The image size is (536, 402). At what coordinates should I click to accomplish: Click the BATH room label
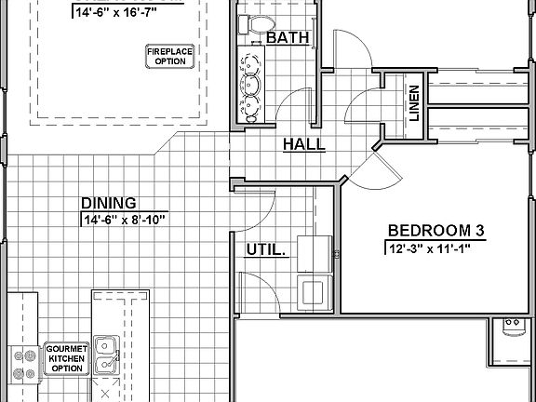click(288, 39)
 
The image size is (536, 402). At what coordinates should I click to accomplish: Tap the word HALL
click(303, 143)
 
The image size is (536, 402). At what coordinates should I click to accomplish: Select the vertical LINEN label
click(413, 104)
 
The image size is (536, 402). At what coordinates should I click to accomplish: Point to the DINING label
click(109, 203)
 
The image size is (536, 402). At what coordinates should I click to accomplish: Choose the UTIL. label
click(266, 249)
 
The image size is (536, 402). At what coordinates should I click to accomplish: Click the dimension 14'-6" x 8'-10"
click(121, 220)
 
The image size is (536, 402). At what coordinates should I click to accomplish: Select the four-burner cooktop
click(22, 363)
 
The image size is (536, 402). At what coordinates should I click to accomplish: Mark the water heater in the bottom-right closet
click(510, 327)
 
